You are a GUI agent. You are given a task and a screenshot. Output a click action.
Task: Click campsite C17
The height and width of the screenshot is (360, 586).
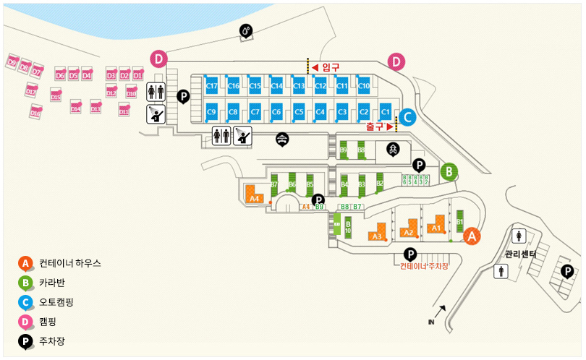pos(212,85)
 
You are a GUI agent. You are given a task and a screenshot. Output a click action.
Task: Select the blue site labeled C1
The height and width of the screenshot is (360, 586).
pos(385,111)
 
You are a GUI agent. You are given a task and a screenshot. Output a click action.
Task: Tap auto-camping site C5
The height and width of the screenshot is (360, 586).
pos(298,111)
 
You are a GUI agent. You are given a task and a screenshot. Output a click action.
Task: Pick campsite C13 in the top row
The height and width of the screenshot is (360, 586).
pos(298,85)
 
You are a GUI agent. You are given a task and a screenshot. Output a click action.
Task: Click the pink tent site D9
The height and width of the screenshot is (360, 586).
pos(12,63)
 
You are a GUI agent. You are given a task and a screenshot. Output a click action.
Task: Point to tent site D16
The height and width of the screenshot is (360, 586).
pos(35,112)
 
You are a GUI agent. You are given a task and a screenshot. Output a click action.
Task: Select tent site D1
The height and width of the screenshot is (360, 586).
pos(137,74)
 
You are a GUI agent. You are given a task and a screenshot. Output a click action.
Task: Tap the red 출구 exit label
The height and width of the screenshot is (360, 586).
pos(375,126)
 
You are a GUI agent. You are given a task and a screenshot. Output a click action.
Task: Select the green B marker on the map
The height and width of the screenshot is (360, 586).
pos(449,171)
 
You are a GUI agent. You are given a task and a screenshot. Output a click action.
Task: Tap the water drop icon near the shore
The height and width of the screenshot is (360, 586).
pos(247,30)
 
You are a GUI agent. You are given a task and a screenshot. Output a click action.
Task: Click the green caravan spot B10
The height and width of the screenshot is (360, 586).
pos(347,227)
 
